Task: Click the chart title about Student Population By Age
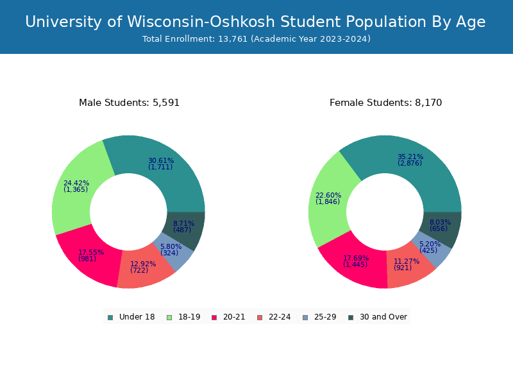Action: pyautogui.click(x=255, y=22)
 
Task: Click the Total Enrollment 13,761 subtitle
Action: pyautogui.click(x=256, y=39)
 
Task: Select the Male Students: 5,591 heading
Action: pyautogui.click(x=129, y=103)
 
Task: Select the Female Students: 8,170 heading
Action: pyautogui.click(x=385, y=103)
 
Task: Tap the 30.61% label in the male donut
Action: pyautogui.click(x=160, y=160)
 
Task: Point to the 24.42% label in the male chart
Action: pyautogui.click(x=76, y=183)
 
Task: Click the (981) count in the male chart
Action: pyautogui.click(x=87, y=259)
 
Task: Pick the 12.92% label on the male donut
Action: pyautogui.click(x=143, y=264)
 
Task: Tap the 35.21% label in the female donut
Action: pyautogui.click(x=410, y=157)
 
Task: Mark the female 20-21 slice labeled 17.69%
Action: pyautogui.click(x=355, y=259)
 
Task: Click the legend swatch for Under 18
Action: pyautogui.click(x=110, y=317)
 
